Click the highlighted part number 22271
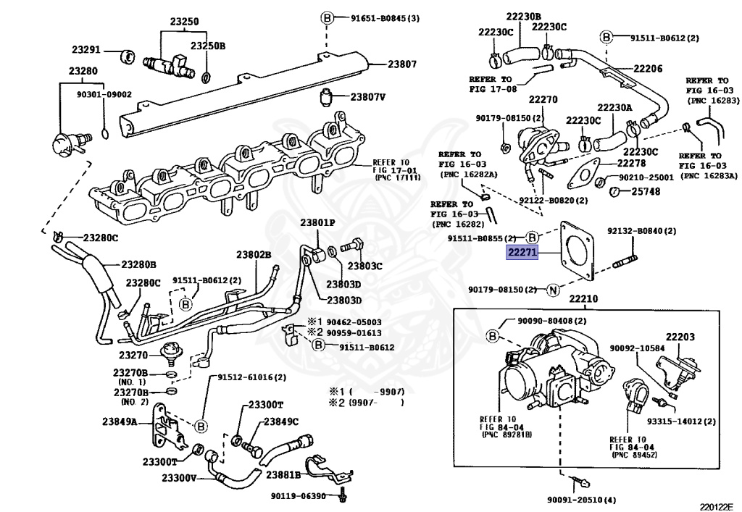click(521, 252)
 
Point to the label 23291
click(86, 51)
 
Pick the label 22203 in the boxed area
click(680, 337)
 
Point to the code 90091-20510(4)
click(580, 500)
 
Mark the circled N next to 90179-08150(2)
click(553, 290)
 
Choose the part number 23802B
click(253, 255)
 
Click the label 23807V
click(368, 96)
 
